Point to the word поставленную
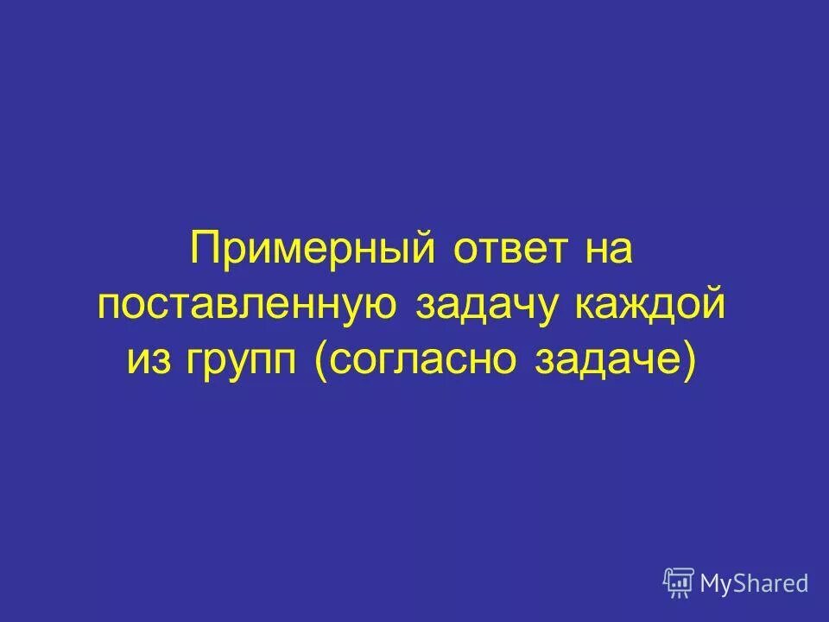coord(248,307)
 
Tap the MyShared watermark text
coord(754,584)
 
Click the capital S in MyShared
coord(744,583)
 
